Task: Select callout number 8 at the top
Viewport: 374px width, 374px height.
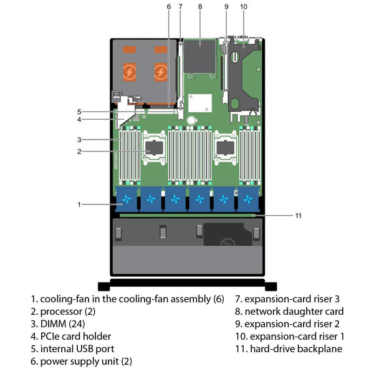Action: coord(200,7)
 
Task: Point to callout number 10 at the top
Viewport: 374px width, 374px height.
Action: coord(243,7)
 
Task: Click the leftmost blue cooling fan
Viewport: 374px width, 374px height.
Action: coord(128,199)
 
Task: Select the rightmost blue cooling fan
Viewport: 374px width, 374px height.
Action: coord(249,199)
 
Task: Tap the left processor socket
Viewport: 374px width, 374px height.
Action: coord(154,150)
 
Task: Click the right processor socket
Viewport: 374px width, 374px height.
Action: coord(225,150)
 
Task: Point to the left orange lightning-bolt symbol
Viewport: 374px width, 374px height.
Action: coord(130,71)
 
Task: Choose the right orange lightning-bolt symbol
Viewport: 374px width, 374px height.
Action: coord(161,71)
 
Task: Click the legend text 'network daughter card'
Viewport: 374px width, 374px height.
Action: coord(294,311)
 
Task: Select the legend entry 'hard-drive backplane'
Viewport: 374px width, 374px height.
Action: coord(297,348)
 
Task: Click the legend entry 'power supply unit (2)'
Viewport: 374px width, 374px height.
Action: coord(86,361)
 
